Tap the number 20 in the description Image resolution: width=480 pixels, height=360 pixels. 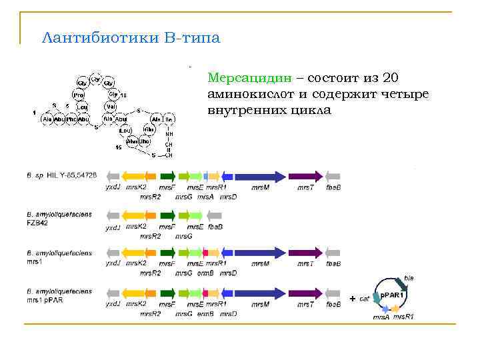tap(391, 78)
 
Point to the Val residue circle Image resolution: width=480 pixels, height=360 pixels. tap(111, 106)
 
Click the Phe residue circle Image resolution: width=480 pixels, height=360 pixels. tap(71, 119)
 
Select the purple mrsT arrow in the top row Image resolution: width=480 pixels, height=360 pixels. tap(306, 176)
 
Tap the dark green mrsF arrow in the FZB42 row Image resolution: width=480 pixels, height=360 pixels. tap(168, 215)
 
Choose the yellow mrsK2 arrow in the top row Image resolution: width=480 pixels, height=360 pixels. tap(135, 176)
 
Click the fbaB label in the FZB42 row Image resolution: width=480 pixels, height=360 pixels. tap(215, 227)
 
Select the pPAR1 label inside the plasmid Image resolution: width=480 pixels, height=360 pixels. tap(392, 294)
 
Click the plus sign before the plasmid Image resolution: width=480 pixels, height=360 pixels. tap(352, 298)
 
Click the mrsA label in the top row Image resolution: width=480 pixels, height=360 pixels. tap(206, 197)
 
